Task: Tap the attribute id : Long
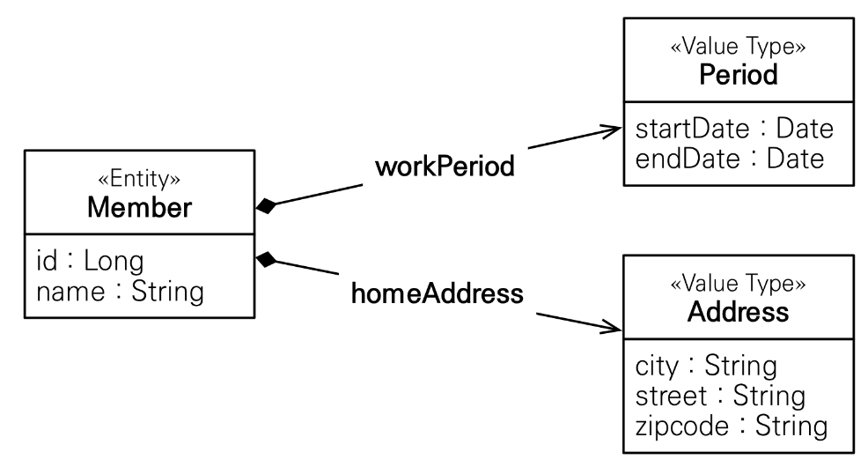coord(90,261)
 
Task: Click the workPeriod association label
coord(445,166)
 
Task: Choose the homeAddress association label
coord(438,293)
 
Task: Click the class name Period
coord(739,75)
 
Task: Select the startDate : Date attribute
coord(733,130)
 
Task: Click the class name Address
coord(739,312)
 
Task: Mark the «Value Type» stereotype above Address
coord(739,284)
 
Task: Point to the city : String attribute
coord(705,366)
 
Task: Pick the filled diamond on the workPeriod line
coord(267,206)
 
